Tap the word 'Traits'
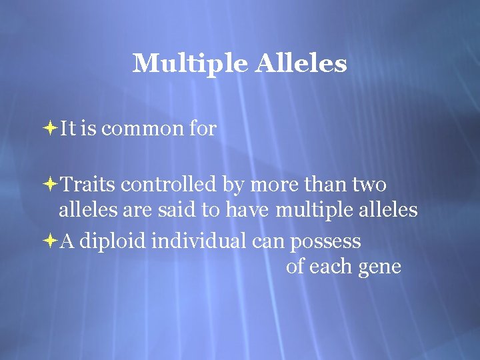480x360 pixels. pos(89,183)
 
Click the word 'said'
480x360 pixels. pos(180,211)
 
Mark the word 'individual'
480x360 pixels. pos(200,241)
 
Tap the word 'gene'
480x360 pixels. pos(379,268)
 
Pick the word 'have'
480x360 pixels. pos(248,211)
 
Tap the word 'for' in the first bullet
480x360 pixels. pos(203,129)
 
